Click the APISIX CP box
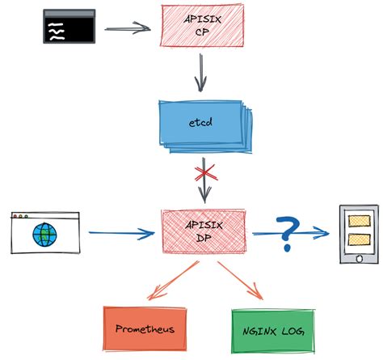(x=196, y=25)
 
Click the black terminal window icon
(x=69, y=26)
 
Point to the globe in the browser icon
(x=44, y=235)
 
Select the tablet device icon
(x=356, y=234)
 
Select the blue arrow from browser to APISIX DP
(x=121, y=235)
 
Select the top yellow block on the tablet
(x=356, y=219)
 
